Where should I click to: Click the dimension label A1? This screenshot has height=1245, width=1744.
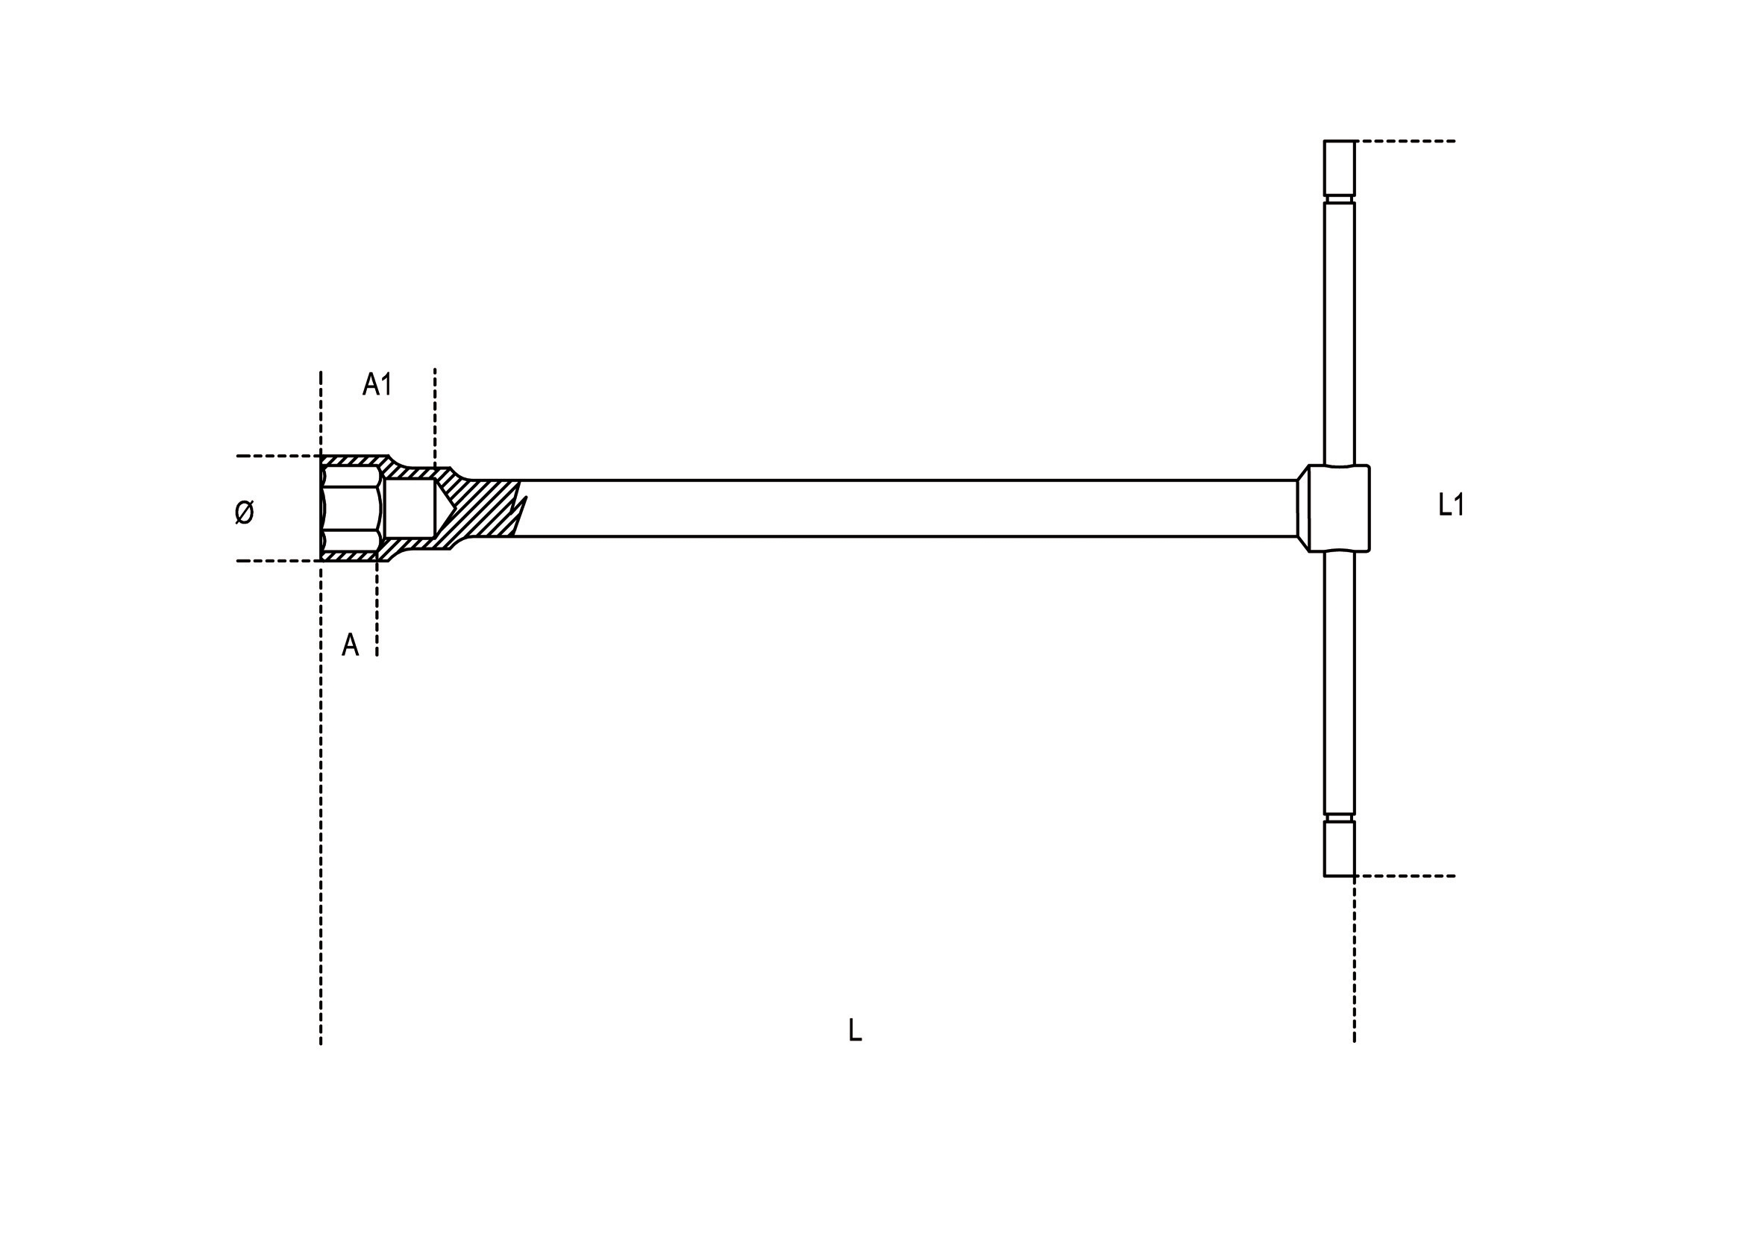pos(377,384)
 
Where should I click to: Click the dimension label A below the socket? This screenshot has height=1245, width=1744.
pos(350,645)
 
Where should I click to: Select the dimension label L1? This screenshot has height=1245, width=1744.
pos(1451,504)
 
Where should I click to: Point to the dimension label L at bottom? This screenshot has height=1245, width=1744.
pos(855,1029)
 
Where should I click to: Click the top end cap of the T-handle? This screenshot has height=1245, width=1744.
pos(1338,168)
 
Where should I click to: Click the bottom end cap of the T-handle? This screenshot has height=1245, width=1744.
pos(1338,849)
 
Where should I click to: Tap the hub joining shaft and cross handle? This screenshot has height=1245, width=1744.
pos(1338,507)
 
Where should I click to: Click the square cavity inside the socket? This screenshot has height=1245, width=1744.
pos(410,508)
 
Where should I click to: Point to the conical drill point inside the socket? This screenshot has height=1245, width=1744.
pos(445,508)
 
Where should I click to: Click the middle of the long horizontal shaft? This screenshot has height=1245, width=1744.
pos(905,508)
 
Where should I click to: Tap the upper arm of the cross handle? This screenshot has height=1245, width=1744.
pos(1338,330)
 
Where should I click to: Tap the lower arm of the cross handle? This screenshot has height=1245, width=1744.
pos(1338,683)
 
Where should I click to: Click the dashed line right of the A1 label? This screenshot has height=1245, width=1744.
pos(435,414)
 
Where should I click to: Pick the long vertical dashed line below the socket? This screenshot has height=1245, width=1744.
pos(321,805)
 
